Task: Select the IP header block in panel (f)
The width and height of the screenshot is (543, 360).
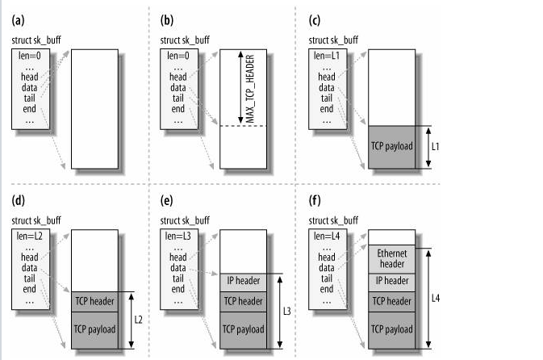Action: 391,281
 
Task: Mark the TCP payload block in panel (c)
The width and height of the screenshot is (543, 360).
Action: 391,147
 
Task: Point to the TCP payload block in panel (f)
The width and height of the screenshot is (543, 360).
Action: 391,329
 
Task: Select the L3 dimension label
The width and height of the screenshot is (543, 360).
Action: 288,311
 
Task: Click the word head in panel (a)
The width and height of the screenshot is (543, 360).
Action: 30,77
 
